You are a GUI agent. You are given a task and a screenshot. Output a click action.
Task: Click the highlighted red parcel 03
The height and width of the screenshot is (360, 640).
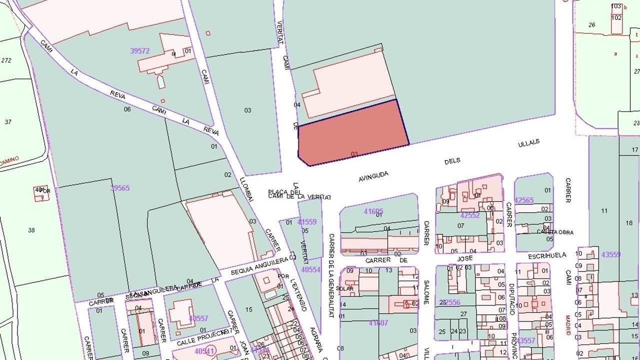click(352, 132)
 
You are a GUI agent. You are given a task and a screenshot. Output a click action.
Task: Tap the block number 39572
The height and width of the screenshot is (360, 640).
click(140, 51)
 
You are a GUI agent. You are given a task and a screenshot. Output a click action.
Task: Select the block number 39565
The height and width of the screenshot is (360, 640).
click(120, 188)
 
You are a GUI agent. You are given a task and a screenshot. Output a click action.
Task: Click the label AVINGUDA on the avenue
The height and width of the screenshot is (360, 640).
click(373, 176)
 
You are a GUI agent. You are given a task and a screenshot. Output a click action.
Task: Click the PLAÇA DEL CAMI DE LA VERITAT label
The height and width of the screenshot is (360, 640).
click(299, 194)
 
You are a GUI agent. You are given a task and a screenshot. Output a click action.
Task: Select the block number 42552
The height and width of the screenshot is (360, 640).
click(470, 215)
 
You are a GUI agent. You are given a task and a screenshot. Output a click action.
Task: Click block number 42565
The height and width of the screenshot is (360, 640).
click(524, 200)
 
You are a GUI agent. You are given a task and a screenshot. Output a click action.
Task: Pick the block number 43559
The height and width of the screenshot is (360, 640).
click(611, 254)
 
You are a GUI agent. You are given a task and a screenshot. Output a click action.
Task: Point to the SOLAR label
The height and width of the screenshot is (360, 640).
click(345, 288)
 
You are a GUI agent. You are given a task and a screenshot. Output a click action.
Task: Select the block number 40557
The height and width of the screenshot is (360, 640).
click(198, 318)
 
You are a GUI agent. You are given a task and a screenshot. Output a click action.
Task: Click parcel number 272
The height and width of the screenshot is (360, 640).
click(6, 60)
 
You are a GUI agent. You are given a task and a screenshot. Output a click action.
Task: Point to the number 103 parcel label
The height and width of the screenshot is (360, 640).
click(616, 6)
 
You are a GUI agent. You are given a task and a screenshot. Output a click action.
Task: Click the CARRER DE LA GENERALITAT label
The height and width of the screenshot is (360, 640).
click(331, 275)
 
